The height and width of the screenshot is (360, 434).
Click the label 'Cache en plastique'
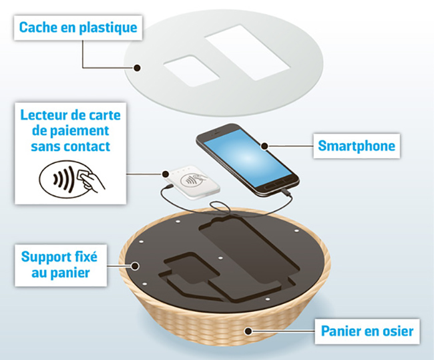click(78, 27)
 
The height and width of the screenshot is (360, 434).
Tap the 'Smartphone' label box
click(357, 146)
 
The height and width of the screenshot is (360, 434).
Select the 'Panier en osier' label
click(367, 331)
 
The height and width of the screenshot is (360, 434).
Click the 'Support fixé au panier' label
click(61, 265)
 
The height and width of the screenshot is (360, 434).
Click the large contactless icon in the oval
click(71, 179)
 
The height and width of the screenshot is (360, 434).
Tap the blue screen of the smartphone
click(248, 158)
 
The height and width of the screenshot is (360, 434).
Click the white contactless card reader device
click(192, 182)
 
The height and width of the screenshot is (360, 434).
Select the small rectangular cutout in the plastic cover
click(192, 71)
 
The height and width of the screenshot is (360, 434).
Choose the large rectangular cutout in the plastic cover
click(248, 53)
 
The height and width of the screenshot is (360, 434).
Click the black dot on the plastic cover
click(137, 67)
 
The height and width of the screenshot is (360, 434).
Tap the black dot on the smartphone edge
click(264, 146)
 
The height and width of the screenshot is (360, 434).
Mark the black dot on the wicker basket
click(248, 331)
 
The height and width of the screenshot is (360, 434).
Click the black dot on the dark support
click(135, 266)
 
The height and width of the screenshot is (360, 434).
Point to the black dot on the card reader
click(166, 174)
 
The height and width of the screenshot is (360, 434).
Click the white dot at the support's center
click(220, 258)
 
